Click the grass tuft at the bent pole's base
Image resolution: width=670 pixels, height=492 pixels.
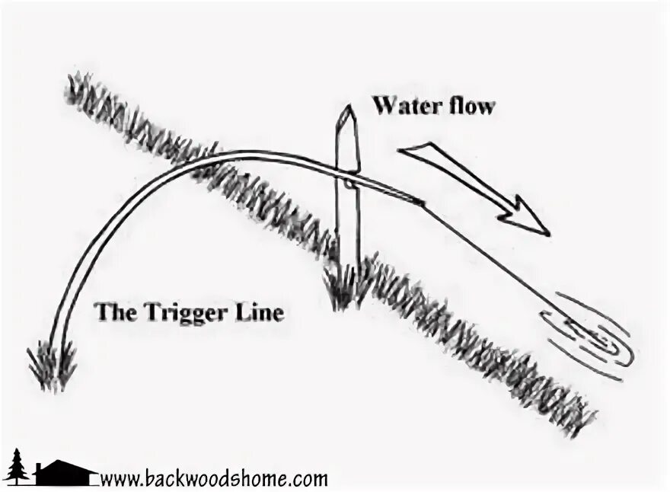point(54,363)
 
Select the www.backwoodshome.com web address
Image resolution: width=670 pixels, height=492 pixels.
point(214,479)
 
